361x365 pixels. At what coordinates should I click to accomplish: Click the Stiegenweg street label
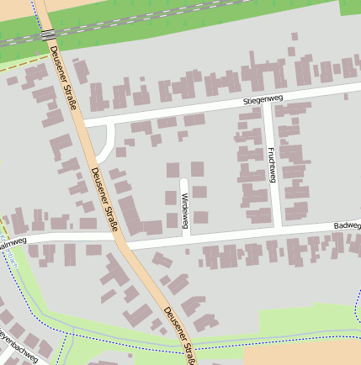point(263,100)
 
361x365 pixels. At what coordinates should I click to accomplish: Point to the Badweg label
point(347,226)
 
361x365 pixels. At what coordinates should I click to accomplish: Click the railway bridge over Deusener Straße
point(48,34)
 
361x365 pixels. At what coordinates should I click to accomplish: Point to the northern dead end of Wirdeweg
point(183,180)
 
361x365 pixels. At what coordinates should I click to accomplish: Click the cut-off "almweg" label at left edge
point(13,243)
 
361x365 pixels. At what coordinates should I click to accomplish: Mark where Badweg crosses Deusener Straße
point(124,242)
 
